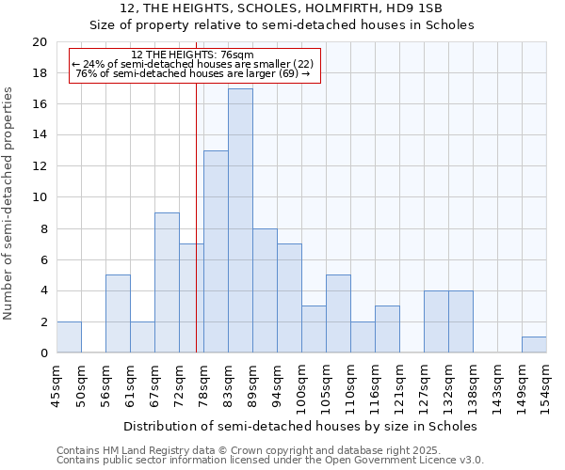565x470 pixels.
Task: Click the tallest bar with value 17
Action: tap(240, 221)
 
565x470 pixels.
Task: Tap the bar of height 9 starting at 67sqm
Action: tap(167, 283)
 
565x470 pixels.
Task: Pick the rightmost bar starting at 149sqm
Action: tap(534, 345)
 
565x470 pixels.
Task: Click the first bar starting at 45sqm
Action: tap(69, 337)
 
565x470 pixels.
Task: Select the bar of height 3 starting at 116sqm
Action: tap(387, 330)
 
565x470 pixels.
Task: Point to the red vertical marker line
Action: tap(196, 235)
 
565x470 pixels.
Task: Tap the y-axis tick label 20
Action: tap(39, 42)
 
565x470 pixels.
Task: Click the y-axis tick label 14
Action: tap(39, 135)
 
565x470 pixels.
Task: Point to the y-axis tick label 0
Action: tap(42, 353)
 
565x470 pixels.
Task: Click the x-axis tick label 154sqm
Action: tap(546, 386)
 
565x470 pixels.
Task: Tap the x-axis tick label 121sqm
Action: tap(399, 386)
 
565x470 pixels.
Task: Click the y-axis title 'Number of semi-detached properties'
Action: tap(10, 203)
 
